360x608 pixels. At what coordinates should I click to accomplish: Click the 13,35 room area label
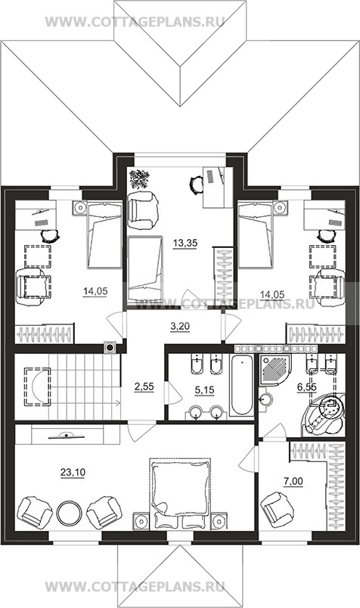pyautogui.click(x=185, y=244)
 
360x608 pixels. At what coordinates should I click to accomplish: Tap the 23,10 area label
pyautogui.click(x=73, y=473)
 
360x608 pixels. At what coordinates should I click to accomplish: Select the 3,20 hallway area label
pyautogui.click(x=180, y=327)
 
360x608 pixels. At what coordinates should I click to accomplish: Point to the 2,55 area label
pyautogui.click(x=144, y=386)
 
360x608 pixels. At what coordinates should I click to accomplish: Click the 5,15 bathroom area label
pyautogui.click(x=204, y=390)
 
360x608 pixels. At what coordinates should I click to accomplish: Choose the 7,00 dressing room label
pyautogui.click(x=293, y=481)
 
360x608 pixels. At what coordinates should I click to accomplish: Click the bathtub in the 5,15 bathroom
pyautogui.click(x=241, y=385)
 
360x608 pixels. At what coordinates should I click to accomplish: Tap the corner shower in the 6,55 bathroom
pyautogui.click(x=275, y=369)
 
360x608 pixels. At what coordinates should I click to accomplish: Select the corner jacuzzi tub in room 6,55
pyautogui.click(x=324, y=415)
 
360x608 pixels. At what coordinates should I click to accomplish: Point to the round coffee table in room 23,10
pyautogui.click(x=69, y=513)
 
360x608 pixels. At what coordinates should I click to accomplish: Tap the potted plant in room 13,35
pyautogui.click(x=140, y=179)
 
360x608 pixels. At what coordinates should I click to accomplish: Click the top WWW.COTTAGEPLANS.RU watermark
pyautogui.click(x=135, y=22)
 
